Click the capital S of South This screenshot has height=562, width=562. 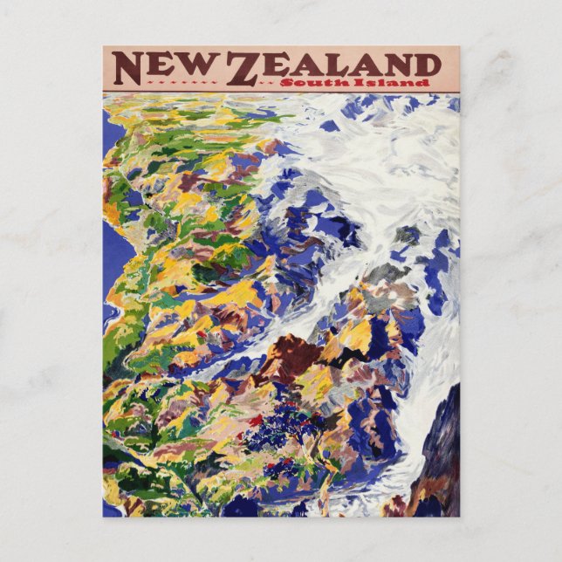point(322,82)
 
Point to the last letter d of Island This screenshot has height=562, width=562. point(424,82)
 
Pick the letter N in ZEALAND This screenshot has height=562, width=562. point(394,65)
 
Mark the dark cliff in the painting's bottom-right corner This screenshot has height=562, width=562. point(441,463)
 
